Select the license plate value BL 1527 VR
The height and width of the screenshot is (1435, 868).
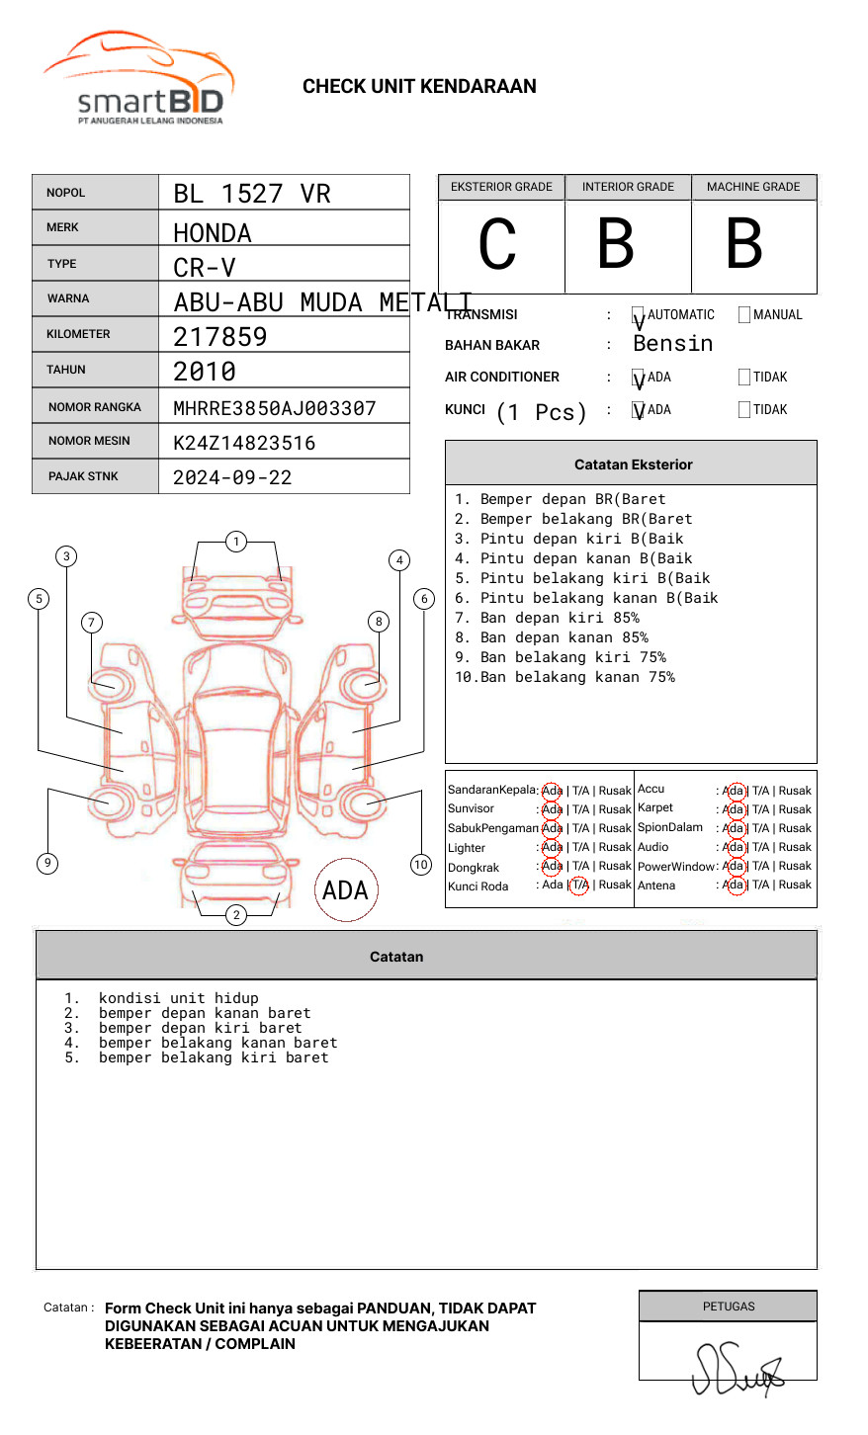coord(252,194)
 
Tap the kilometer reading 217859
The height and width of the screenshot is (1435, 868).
coord(220,337)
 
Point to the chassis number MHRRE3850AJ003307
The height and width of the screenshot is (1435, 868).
coord(275,408)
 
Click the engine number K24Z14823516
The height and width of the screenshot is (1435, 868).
coord(244,443)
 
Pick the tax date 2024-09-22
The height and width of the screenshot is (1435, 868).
coord(232,477)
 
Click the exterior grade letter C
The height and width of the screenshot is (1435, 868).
coord(497,245)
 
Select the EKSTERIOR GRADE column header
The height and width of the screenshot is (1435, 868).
coord(501,187)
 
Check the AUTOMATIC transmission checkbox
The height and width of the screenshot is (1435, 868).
coord(639,316)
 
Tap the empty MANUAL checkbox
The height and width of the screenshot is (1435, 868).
coord(744,315)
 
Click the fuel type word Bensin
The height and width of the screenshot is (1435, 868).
coord(672,344)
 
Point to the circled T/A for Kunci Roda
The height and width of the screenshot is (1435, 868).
coord(579,886)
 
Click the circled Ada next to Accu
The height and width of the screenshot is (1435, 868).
coord(734,791)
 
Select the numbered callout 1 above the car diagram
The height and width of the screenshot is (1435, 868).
coord(235,542)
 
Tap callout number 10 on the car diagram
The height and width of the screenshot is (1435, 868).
coord(421,865)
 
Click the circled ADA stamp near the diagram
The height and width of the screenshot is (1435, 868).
coord(346,889)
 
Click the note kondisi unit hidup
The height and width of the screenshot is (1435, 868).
coord(178,998)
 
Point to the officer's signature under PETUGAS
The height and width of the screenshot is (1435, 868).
coord(737,1369)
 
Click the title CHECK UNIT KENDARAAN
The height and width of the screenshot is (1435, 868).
coord(419,87)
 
